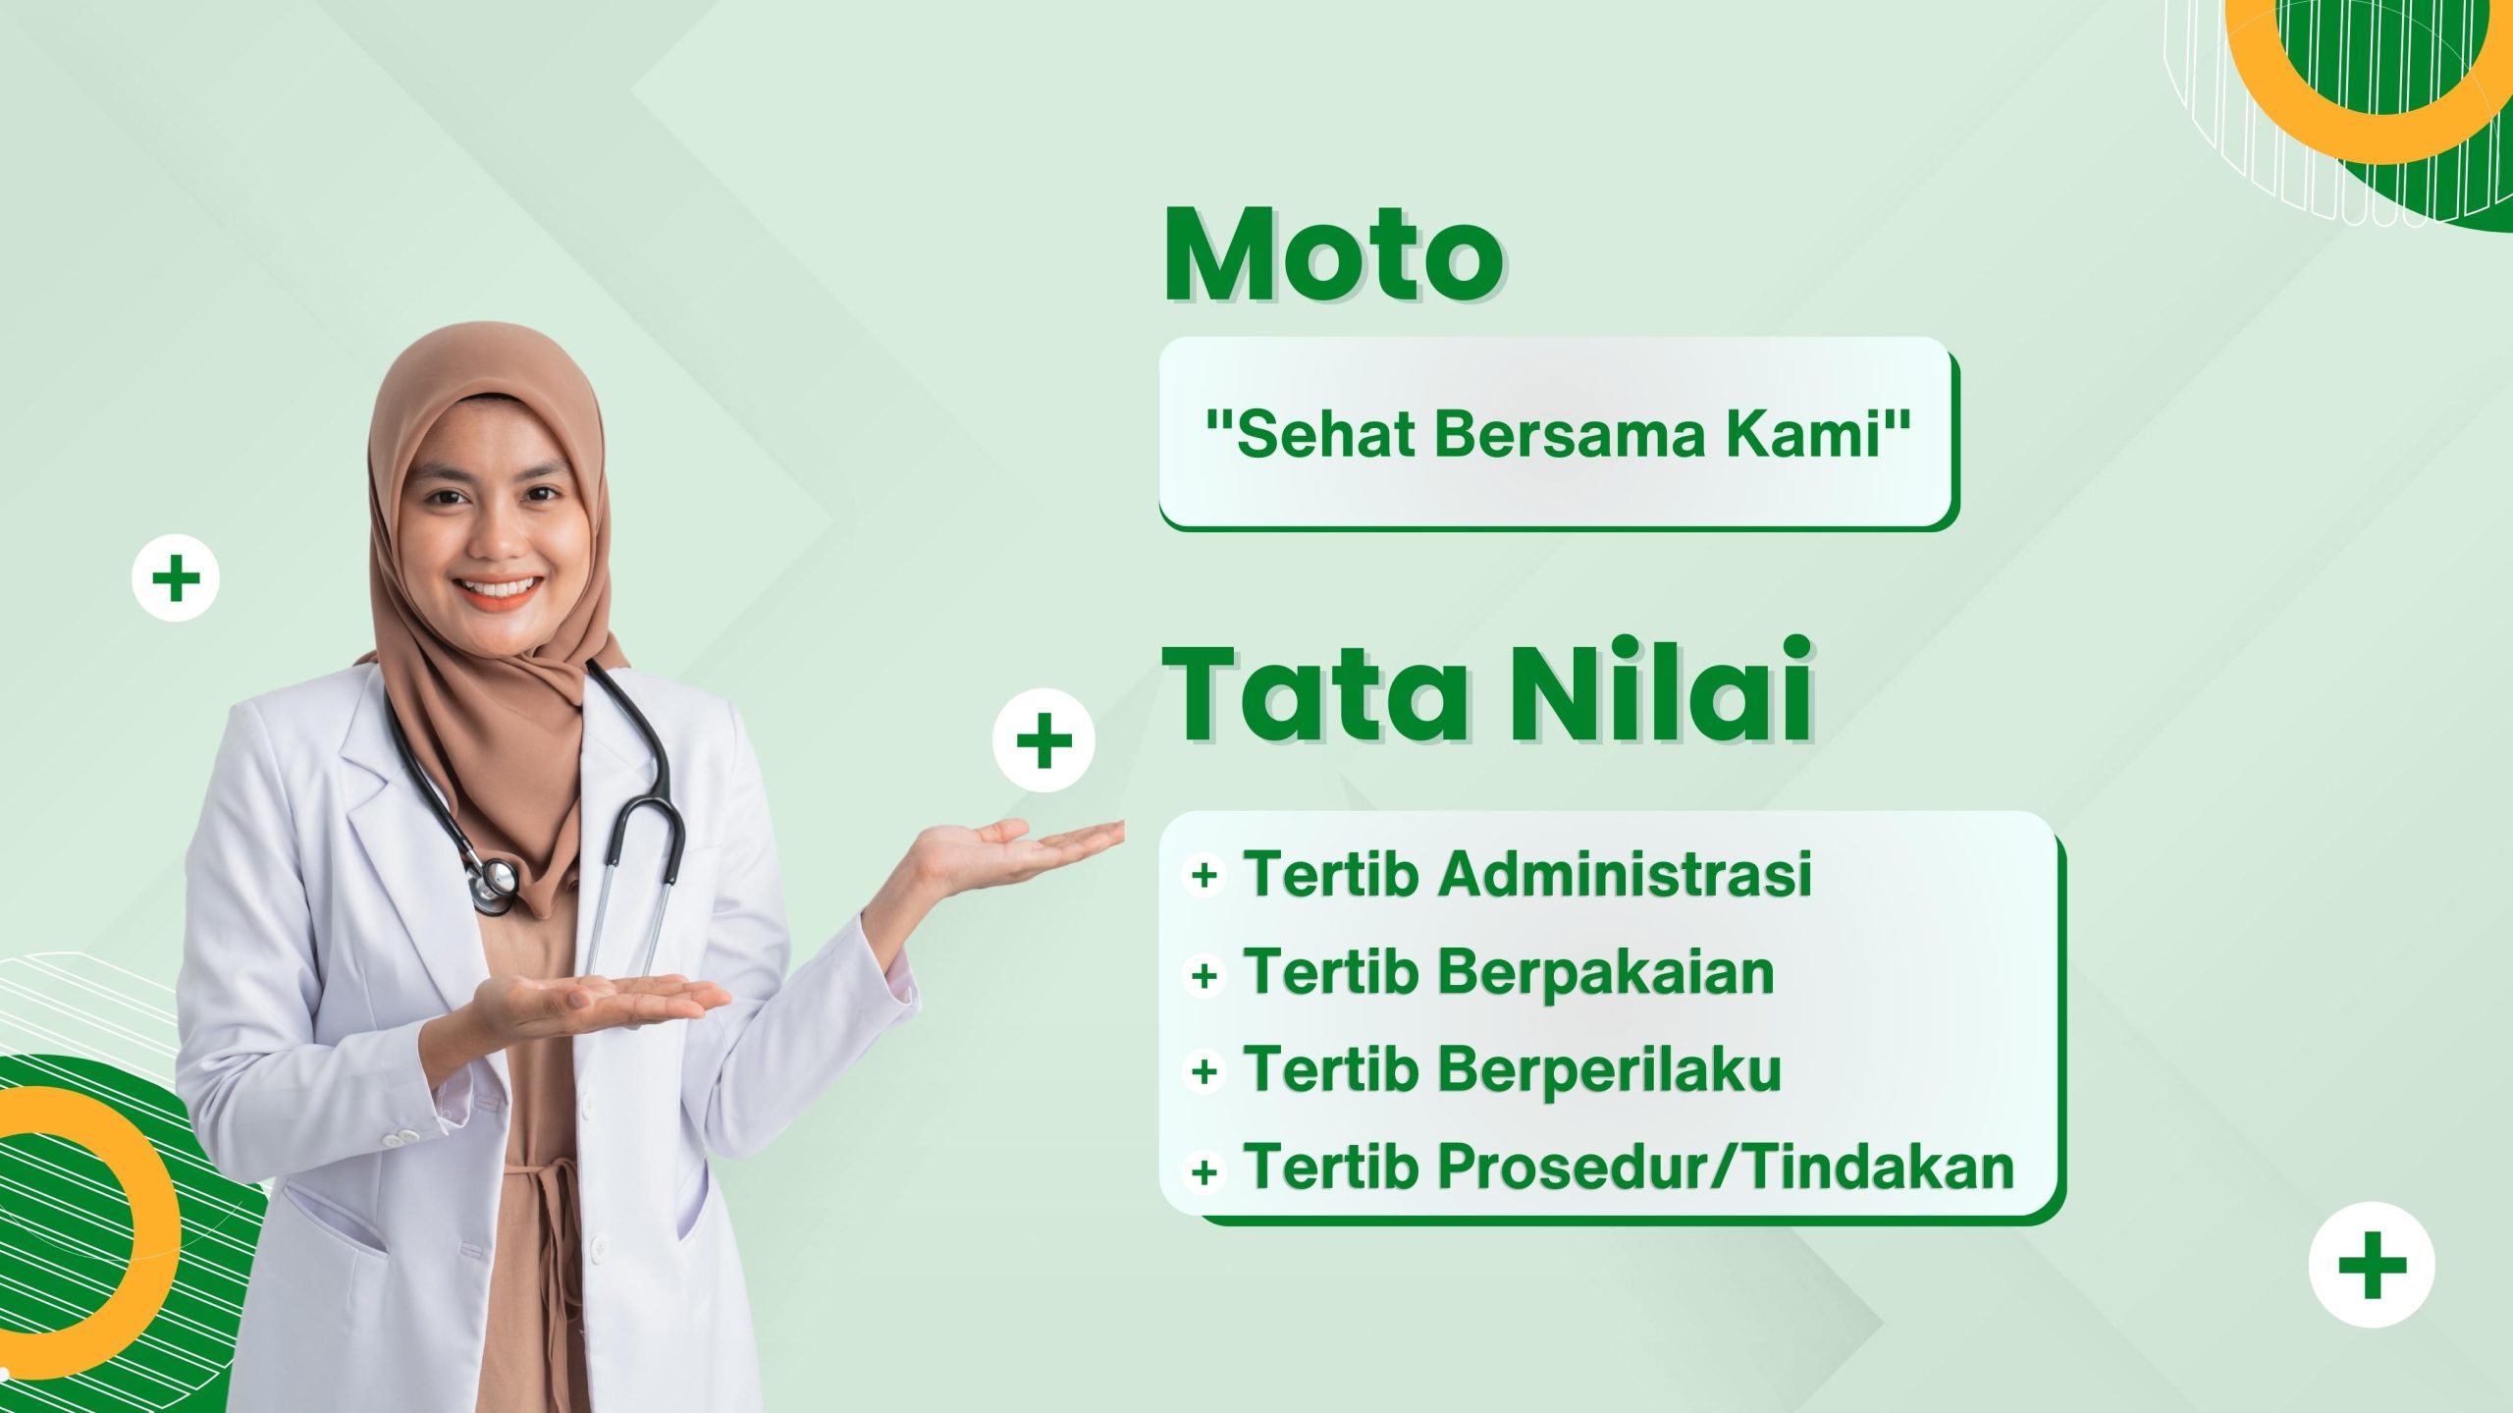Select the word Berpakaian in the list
coord(1606,972)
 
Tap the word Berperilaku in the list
coord(1610,1068)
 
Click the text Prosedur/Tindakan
coord(1727,1167)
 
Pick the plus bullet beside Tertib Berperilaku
coord(1204,1070)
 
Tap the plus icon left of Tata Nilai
coord(1043,740)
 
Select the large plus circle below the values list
coord(2372,1265)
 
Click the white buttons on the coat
coord(401,1138)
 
